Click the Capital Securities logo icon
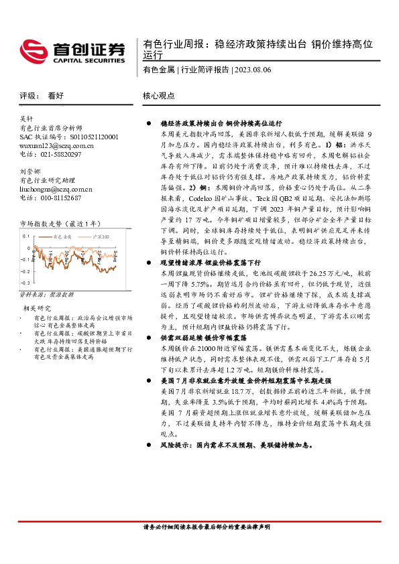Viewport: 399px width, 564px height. (33, 50)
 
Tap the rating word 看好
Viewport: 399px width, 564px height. (56, 96)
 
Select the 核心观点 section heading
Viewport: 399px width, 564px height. (158, 96)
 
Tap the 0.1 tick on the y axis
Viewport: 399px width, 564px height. (27, 236)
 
